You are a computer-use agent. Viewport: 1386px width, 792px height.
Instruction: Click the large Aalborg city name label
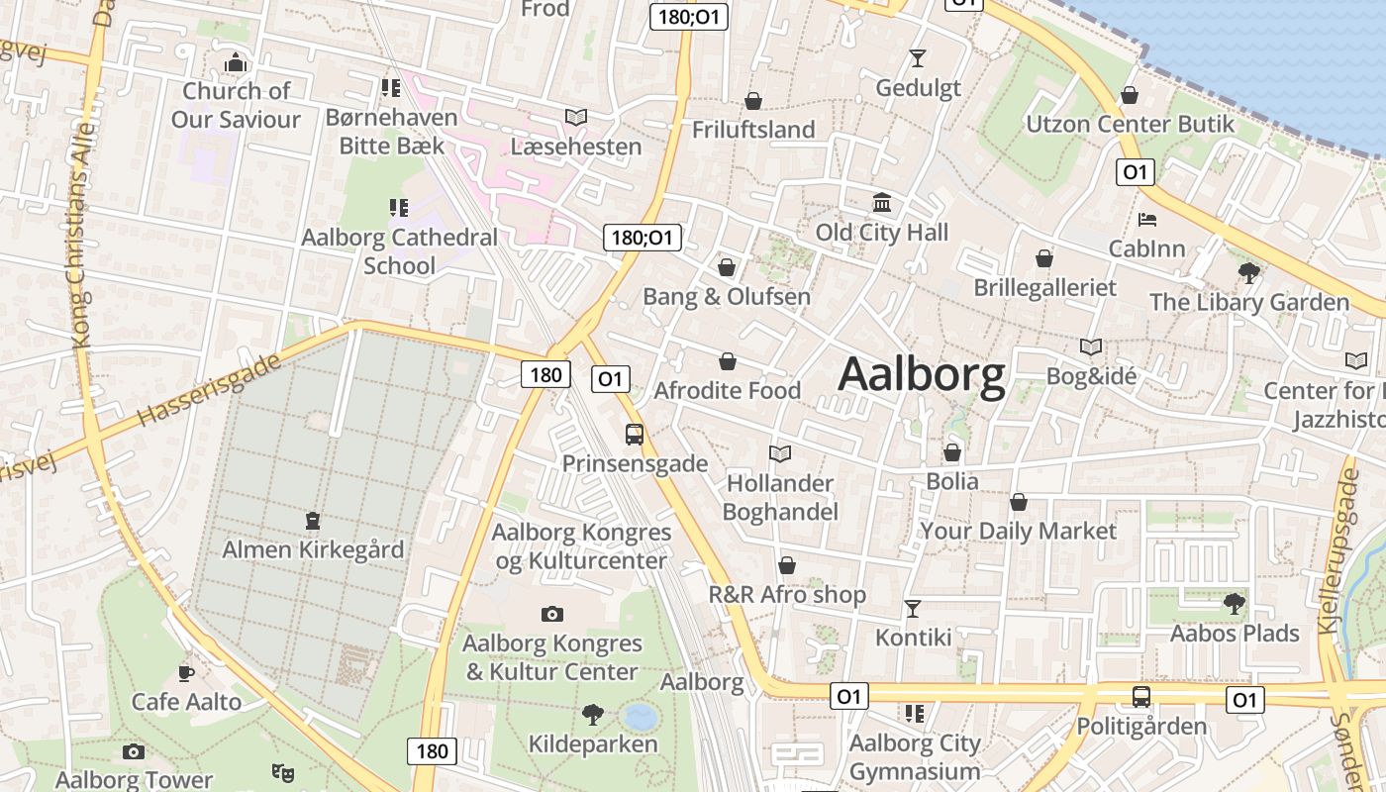coord(922,376)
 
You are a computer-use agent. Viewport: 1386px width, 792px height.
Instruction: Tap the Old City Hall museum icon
coord(882,203)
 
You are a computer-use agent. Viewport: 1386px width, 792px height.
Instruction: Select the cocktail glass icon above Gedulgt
coord(918,58)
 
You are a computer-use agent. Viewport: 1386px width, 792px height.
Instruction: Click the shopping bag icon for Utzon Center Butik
coord(1130,95)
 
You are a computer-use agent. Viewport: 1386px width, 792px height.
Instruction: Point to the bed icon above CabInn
coord(1147,219)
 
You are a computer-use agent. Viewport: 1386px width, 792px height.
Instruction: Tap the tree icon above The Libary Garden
coord(1249,272)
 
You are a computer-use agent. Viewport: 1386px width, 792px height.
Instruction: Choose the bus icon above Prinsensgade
coord(635,434)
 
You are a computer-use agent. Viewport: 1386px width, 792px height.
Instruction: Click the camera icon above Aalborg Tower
coord(134,752)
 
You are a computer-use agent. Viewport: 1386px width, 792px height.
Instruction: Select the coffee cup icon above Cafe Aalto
coord(186,673)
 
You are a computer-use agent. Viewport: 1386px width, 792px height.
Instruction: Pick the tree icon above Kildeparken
coord(593,714)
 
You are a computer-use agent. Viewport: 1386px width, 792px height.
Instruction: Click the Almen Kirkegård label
coord(313,549)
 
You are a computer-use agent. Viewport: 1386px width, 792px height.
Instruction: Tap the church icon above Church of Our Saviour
coord(235,62)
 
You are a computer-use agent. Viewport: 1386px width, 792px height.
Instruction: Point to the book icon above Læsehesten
coord(576,117)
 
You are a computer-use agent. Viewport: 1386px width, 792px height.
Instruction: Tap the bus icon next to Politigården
coord(1141,697)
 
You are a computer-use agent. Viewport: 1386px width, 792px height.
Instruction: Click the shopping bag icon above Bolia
coord(952,452)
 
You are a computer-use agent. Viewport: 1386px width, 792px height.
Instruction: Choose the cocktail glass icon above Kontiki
coord(913,608)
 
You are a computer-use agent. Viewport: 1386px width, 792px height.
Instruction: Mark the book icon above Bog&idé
coord(1091,346)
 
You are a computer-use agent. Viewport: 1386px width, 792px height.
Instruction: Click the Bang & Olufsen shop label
coord(727,297)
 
